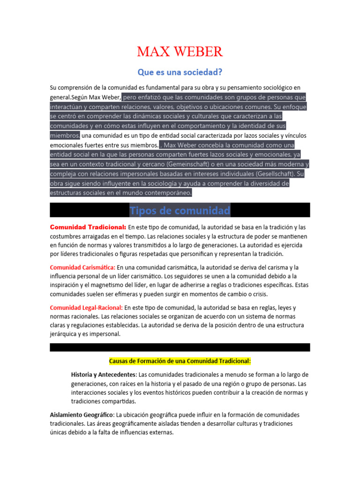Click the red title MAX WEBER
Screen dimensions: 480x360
pos(180,52)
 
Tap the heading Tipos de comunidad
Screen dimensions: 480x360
pos(180,210)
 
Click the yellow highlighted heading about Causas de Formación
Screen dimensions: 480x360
pos(180,361)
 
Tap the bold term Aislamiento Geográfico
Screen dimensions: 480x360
pos(82,415)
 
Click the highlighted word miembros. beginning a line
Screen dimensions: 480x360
pos(65,135)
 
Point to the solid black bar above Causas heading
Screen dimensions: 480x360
pos(180,347)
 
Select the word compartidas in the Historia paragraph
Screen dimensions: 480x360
pos(120,402)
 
